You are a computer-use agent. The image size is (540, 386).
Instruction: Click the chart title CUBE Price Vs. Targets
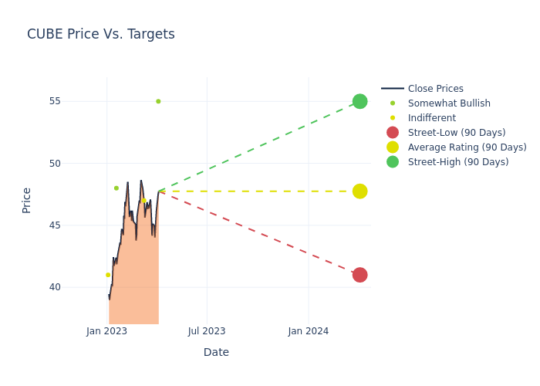[101, 34]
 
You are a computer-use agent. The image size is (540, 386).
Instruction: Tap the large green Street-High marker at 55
[359, 102]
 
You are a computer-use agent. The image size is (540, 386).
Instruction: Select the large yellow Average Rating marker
[359, 191]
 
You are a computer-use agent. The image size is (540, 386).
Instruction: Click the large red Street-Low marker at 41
[359, 275]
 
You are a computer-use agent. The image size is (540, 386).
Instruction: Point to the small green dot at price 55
[158, 101]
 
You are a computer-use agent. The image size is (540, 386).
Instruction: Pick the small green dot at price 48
[116, 188]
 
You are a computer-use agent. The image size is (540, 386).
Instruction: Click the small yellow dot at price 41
[108, 275]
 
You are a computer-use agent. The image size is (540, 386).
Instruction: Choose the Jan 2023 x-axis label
[106, 331]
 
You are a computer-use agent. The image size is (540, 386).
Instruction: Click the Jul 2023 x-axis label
[207, 331]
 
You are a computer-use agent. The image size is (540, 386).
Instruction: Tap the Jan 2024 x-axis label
[309, 331]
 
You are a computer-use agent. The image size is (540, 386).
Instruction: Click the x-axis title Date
[216, 353]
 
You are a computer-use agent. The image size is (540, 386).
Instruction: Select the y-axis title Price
[27, 200]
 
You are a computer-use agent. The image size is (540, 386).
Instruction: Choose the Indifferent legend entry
[431, 118]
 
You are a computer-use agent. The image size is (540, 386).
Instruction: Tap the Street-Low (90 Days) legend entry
[456, 133]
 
